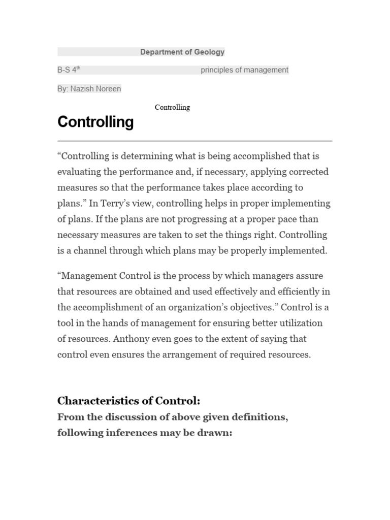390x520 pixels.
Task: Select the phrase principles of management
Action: (244, 70)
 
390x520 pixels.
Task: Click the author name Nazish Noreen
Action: (95, 89)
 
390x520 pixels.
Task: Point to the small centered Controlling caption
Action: (172, 107)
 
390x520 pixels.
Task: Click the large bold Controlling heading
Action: (95, 122)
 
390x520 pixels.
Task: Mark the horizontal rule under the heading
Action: (194, 141)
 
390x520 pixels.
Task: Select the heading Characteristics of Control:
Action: (128, 401)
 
